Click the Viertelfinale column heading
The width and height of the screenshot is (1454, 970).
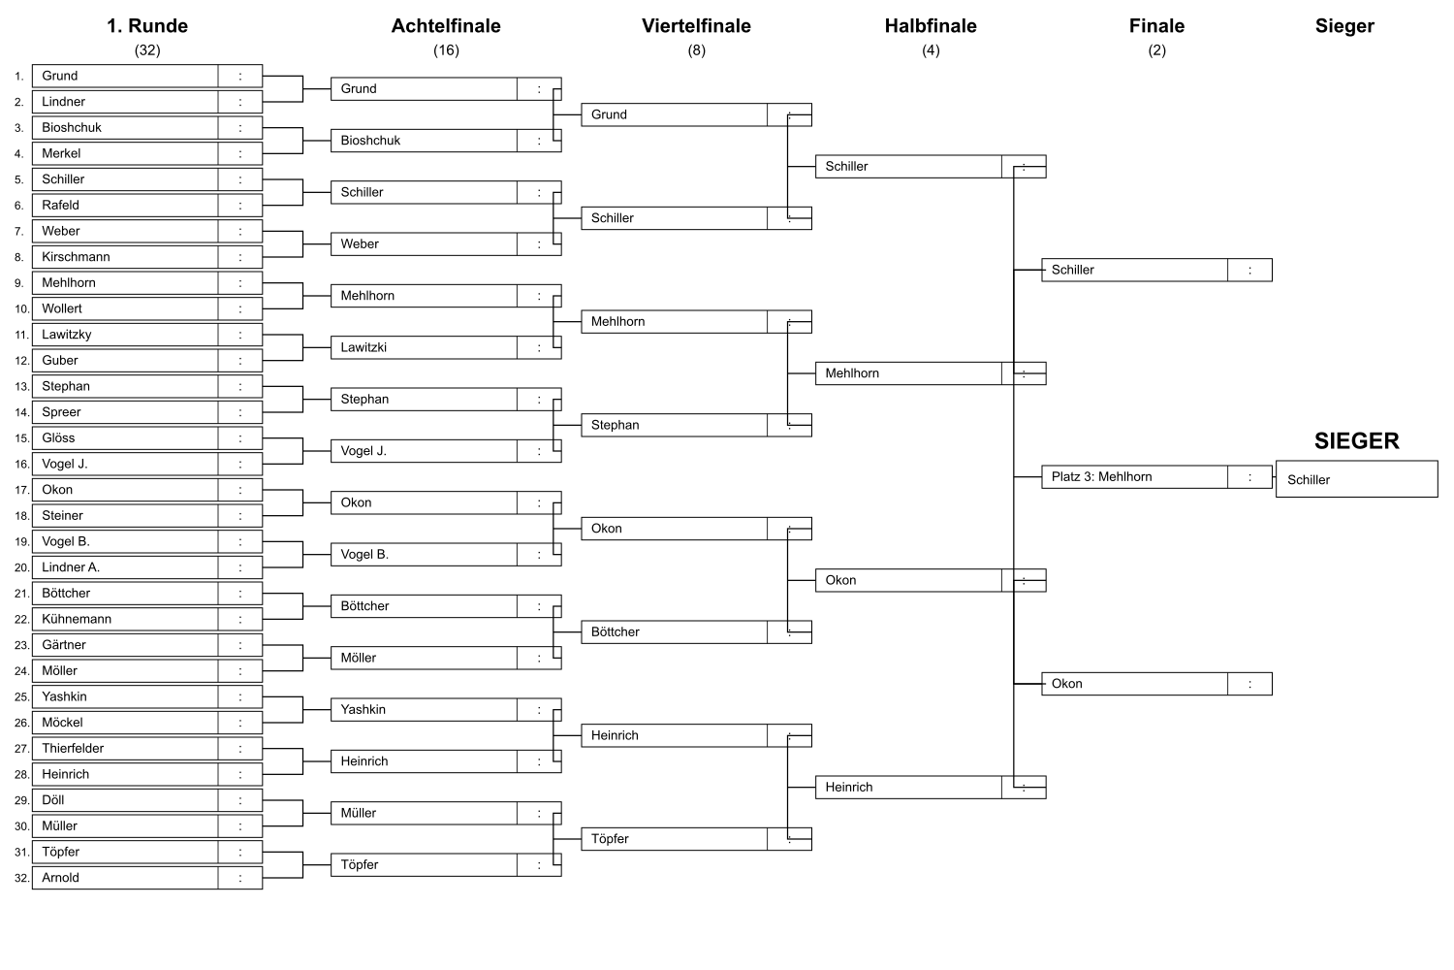(696, 26)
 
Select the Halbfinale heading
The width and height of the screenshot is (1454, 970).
(931, 26)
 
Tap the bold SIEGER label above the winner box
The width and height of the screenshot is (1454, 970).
(1357, 441)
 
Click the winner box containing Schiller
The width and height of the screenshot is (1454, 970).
(1357, 479)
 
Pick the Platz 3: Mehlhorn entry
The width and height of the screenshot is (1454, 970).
(1101, 477)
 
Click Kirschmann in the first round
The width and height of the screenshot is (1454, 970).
(76, 257)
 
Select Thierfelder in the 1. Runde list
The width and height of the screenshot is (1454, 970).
(73, 749)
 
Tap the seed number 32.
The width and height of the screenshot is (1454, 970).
(21, 879)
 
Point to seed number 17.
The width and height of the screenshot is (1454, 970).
(21, 491)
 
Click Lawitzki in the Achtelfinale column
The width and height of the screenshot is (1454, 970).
(363, 347)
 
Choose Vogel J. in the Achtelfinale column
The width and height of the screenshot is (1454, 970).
(363, 451)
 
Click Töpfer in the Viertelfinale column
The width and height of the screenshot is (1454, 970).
(610, 839)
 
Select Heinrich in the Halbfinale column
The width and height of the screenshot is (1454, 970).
(849, 788)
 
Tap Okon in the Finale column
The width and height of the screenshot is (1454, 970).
(1066, 684)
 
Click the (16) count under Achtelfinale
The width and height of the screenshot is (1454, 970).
(446, 50)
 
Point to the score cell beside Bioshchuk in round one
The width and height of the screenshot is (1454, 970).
(240, 128)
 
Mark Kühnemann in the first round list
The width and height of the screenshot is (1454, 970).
(77, 619)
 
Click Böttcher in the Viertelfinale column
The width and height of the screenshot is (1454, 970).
(616, 632)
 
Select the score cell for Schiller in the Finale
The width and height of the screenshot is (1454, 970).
(1249, 271)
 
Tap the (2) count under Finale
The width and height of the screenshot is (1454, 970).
(1156, 50)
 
